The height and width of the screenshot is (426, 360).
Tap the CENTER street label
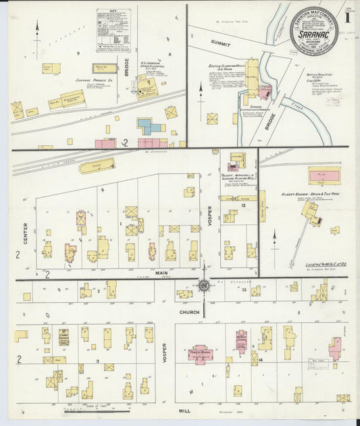25,232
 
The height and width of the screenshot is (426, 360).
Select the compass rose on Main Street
203,285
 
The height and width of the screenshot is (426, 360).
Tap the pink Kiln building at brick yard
324,176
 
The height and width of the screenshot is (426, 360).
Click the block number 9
78,53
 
